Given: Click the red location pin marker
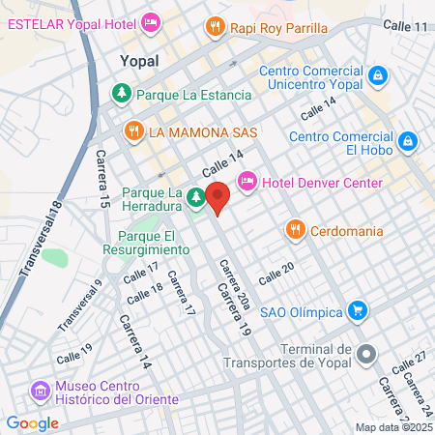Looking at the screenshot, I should point(218,197).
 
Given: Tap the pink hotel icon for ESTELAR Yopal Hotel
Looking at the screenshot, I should point(151,21).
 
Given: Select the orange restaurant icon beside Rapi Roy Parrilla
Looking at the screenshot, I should point(215,28).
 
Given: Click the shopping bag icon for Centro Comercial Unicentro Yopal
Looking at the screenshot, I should point(378,74).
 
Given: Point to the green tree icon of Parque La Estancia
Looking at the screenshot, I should point(122,95).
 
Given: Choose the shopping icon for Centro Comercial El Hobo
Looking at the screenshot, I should point(409,141).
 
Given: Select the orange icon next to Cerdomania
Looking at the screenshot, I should point(295,230).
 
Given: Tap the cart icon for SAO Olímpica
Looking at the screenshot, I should point(359,310).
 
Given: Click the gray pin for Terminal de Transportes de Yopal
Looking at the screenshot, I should point(365,355).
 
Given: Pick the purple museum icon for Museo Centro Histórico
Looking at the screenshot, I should point(40,391).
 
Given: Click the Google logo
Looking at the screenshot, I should point(32,422).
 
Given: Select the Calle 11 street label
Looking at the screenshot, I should point(404,25).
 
